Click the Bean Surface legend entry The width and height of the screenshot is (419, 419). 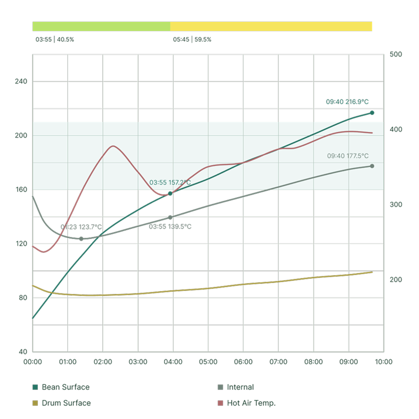(61, 387)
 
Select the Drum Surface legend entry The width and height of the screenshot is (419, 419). (62, 403)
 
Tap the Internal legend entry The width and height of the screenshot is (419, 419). (236, 387)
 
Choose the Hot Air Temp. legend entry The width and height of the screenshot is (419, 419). (246, 403)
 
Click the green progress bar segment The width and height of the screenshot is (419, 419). (101, 27)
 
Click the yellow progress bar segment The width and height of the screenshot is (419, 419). (271, 27)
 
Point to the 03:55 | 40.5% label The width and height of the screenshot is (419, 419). (55, 40)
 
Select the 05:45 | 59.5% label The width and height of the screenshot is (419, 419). (192, 40)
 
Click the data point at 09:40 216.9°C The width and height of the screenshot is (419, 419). (372, 113)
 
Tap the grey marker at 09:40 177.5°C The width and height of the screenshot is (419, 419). (372, 166)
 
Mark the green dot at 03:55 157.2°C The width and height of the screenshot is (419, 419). (170, 193)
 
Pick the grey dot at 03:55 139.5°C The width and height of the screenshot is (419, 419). (170, 218)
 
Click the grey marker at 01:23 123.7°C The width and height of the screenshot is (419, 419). (81, 239)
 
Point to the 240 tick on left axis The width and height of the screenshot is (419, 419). (21, 81)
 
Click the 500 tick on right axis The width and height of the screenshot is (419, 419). (396, 54)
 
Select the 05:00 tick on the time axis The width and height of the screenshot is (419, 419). (208, 362)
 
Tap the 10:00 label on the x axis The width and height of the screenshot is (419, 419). (383, 362)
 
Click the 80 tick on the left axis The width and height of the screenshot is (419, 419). (23, 298)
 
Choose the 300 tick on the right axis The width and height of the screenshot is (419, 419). (396, 205)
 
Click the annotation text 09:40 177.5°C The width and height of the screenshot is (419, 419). (348, 156)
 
